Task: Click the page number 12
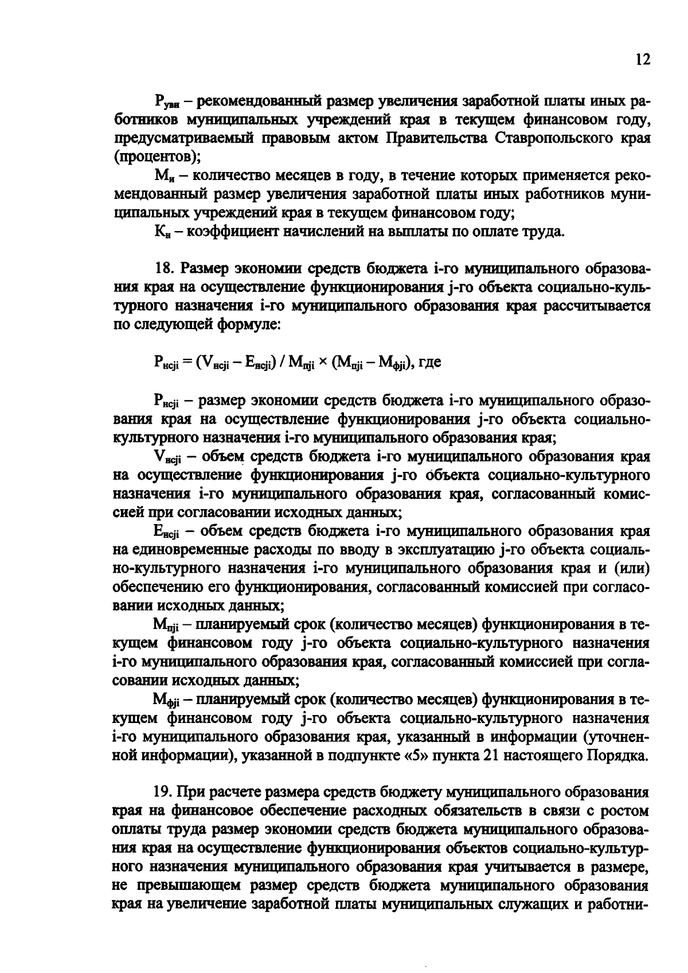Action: pos(643,60)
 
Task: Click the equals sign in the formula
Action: pos(187,363)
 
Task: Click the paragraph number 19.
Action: pos(163,794)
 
